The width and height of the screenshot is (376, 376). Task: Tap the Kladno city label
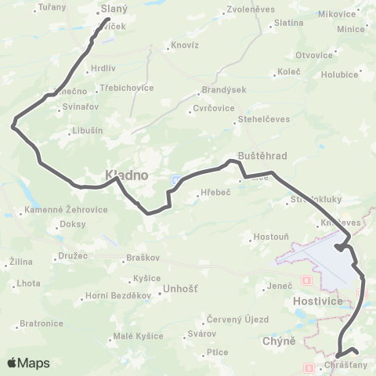(x=121, y=174)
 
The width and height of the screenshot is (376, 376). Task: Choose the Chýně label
(x=280, y=341)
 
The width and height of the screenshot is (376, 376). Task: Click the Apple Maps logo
(x=28, y=363)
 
